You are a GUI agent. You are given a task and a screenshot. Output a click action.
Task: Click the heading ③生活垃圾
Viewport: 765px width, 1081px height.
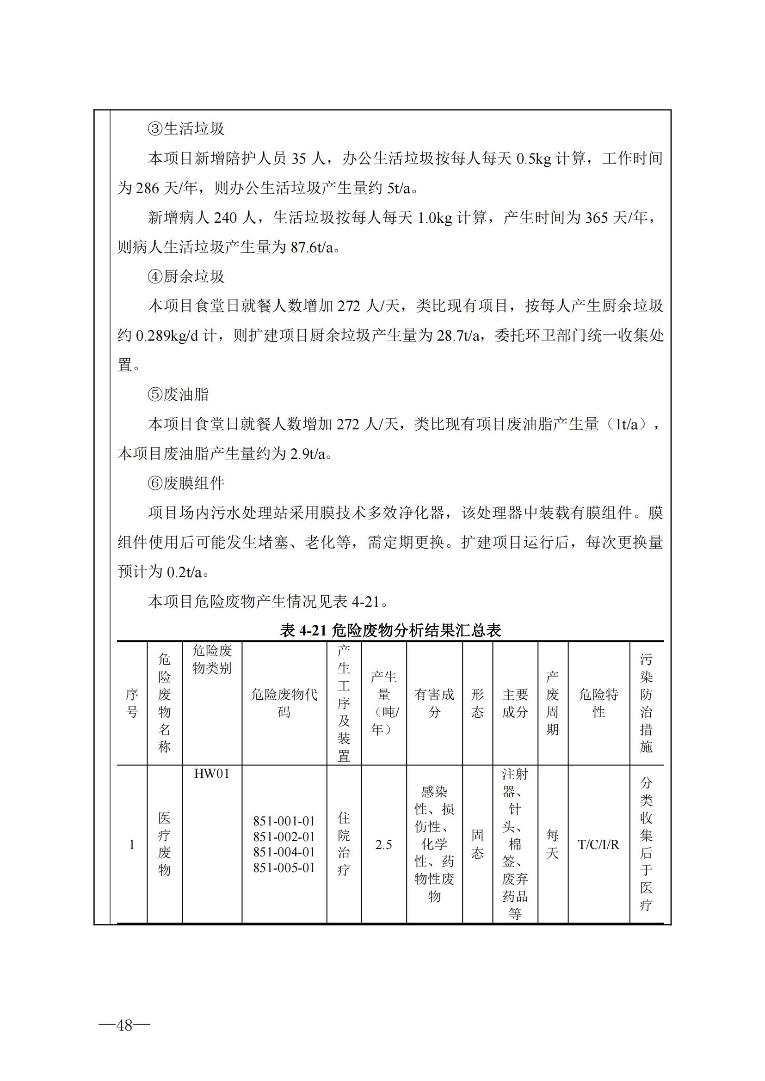click(186, 128)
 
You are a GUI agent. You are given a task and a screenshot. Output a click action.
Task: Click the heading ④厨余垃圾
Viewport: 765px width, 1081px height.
click(186, 276)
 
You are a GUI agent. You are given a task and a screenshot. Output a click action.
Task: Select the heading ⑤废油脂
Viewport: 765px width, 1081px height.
click(179, 395)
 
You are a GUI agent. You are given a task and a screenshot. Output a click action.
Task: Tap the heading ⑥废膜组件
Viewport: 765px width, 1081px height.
click(186, 483)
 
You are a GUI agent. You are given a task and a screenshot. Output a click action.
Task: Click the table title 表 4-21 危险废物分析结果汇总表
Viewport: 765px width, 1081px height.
click(390, 630)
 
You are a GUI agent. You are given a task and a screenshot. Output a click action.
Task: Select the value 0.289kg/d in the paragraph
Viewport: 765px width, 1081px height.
click(167, 336)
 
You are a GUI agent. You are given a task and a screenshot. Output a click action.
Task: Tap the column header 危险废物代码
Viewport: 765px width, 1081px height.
click(284, 703)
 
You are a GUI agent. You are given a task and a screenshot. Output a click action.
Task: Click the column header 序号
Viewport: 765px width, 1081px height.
click(132, 703)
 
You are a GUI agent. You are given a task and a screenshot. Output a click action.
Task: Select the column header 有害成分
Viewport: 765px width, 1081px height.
click(434, 703)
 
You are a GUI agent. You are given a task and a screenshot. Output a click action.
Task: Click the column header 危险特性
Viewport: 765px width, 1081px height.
click(598, 703)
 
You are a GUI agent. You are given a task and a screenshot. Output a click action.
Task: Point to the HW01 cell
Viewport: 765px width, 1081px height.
click(211, 774)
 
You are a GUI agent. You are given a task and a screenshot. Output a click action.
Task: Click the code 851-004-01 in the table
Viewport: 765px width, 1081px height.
click(284, 852)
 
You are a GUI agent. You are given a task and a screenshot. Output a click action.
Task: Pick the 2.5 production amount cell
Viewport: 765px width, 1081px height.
click(383, 845)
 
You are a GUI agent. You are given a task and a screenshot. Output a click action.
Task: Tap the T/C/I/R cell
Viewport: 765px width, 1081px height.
click(598, 845)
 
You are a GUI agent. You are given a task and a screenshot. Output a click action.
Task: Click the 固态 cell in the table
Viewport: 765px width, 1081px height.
click(477, 844)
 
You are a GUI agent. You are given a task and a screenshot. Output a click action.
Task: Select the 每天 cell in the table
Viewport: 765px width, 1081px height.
click(552, 844)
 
